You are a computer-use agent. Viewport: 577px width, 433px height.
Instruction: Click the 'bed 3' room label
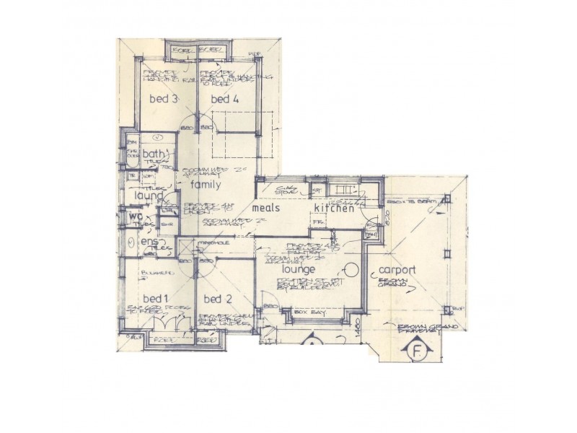pyautogui.click(x=164, y=100)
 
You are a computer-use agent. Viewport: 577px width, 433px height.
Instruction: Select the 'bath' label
pyautogui.click(x=153, y=154)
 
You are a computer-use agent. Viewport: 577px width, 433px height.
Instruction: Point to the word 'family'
pyautogui.click(x=205, y=184)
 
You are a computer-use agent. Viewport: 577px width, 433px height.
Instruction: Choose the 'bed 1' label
pyautogui.click(x=155, y=299)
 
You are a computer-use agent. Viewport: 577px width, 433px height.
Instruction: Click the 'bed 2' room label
pyautogui.click(x=216, y=299)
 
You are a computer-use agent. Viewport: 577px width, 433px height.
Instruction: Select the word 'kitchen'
pyautogui.click(x=334, y=208)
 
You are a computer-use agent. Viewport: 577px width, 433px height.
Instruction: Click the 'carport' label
pyautogui.click(x=397, y=271)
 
